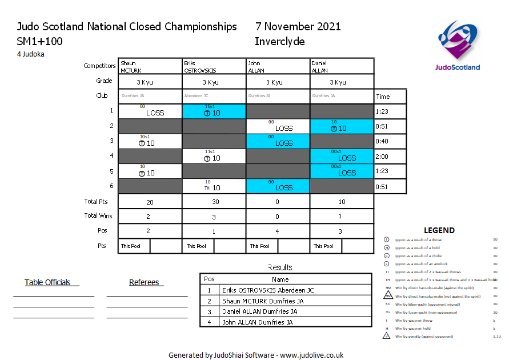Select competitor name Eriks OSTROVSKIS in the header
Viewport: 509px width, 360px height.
(199, 67)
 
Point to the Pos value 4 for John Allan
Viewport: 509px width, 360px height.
(278, 231)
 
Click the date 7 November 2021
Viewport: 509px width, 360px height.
(298, 27)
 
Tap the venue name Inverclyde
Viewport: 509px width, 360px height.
(279, 42)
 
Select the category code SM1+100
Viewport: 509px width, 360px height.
(40, 42)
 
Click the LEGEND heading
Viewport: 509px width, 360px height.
(439, 230)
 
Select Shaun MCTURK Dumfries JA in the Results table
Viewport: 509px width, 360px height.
(263, 301)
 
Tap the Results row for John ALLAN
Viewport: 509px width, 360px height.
(257, 322)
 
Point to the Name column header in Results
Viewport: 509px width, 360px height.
(280, 279)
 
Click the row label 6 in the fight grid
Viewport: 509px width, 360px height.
(111, 186)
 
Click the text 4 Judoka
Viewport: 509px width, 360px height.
(31, 54)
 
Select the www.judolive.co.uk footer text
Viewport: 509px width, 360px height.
(311, 355)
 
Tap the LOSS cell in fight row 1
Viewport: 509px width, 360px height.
(150, 111)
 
